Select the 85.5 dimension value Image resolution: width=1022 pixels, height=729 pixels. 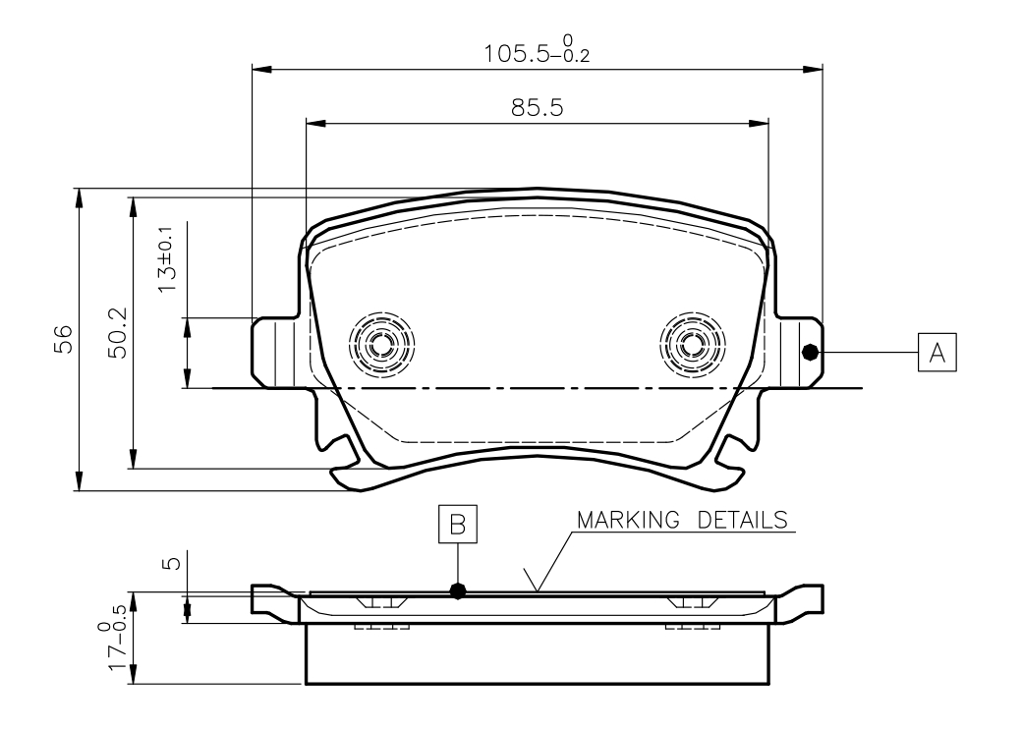[538, 107]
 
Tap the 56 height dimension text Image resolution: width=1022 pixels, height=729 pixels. [63, 339]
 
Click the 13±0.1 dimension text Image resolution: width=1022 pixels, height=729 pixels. [167, 260]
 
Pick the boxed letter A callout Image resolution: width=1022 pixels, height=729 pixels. [937, 353]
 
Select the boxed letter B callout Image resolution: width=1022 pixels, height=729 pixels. [458, 524]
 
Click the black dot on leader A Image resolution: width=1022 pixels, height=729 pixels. [810, 353]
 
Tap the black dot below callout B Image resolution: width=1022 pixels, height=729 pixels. [458, 590]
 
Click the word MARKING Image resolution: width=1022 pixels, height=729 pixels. [628, 520]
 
